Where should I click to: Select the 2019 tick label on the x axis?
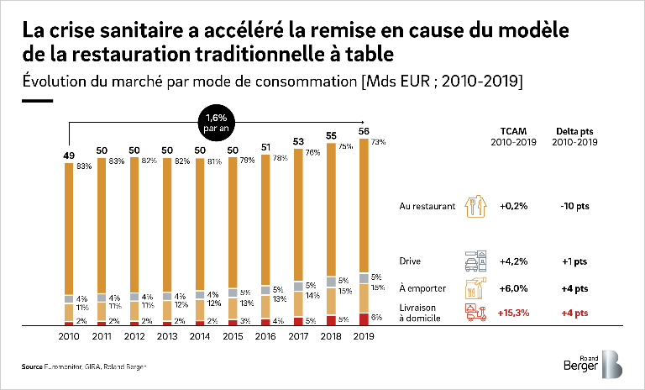[363, 336]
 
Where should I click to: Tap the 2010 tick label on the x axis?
[70, 336]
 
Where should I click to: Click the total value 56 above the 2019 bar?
[363, 131]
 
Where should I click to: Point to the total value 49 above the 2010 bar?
[70, 155]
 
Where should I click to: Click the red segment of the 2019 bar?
[363, 319]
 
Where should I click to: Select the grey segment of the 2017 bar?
[298, 286]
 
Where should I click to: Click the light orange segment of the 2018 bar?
[330, 300]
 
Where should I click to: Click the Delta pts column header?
[576, 135]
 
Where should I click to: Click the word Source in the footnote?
[32, 367]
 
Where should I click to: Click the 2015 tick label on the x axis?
[233, 336]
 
